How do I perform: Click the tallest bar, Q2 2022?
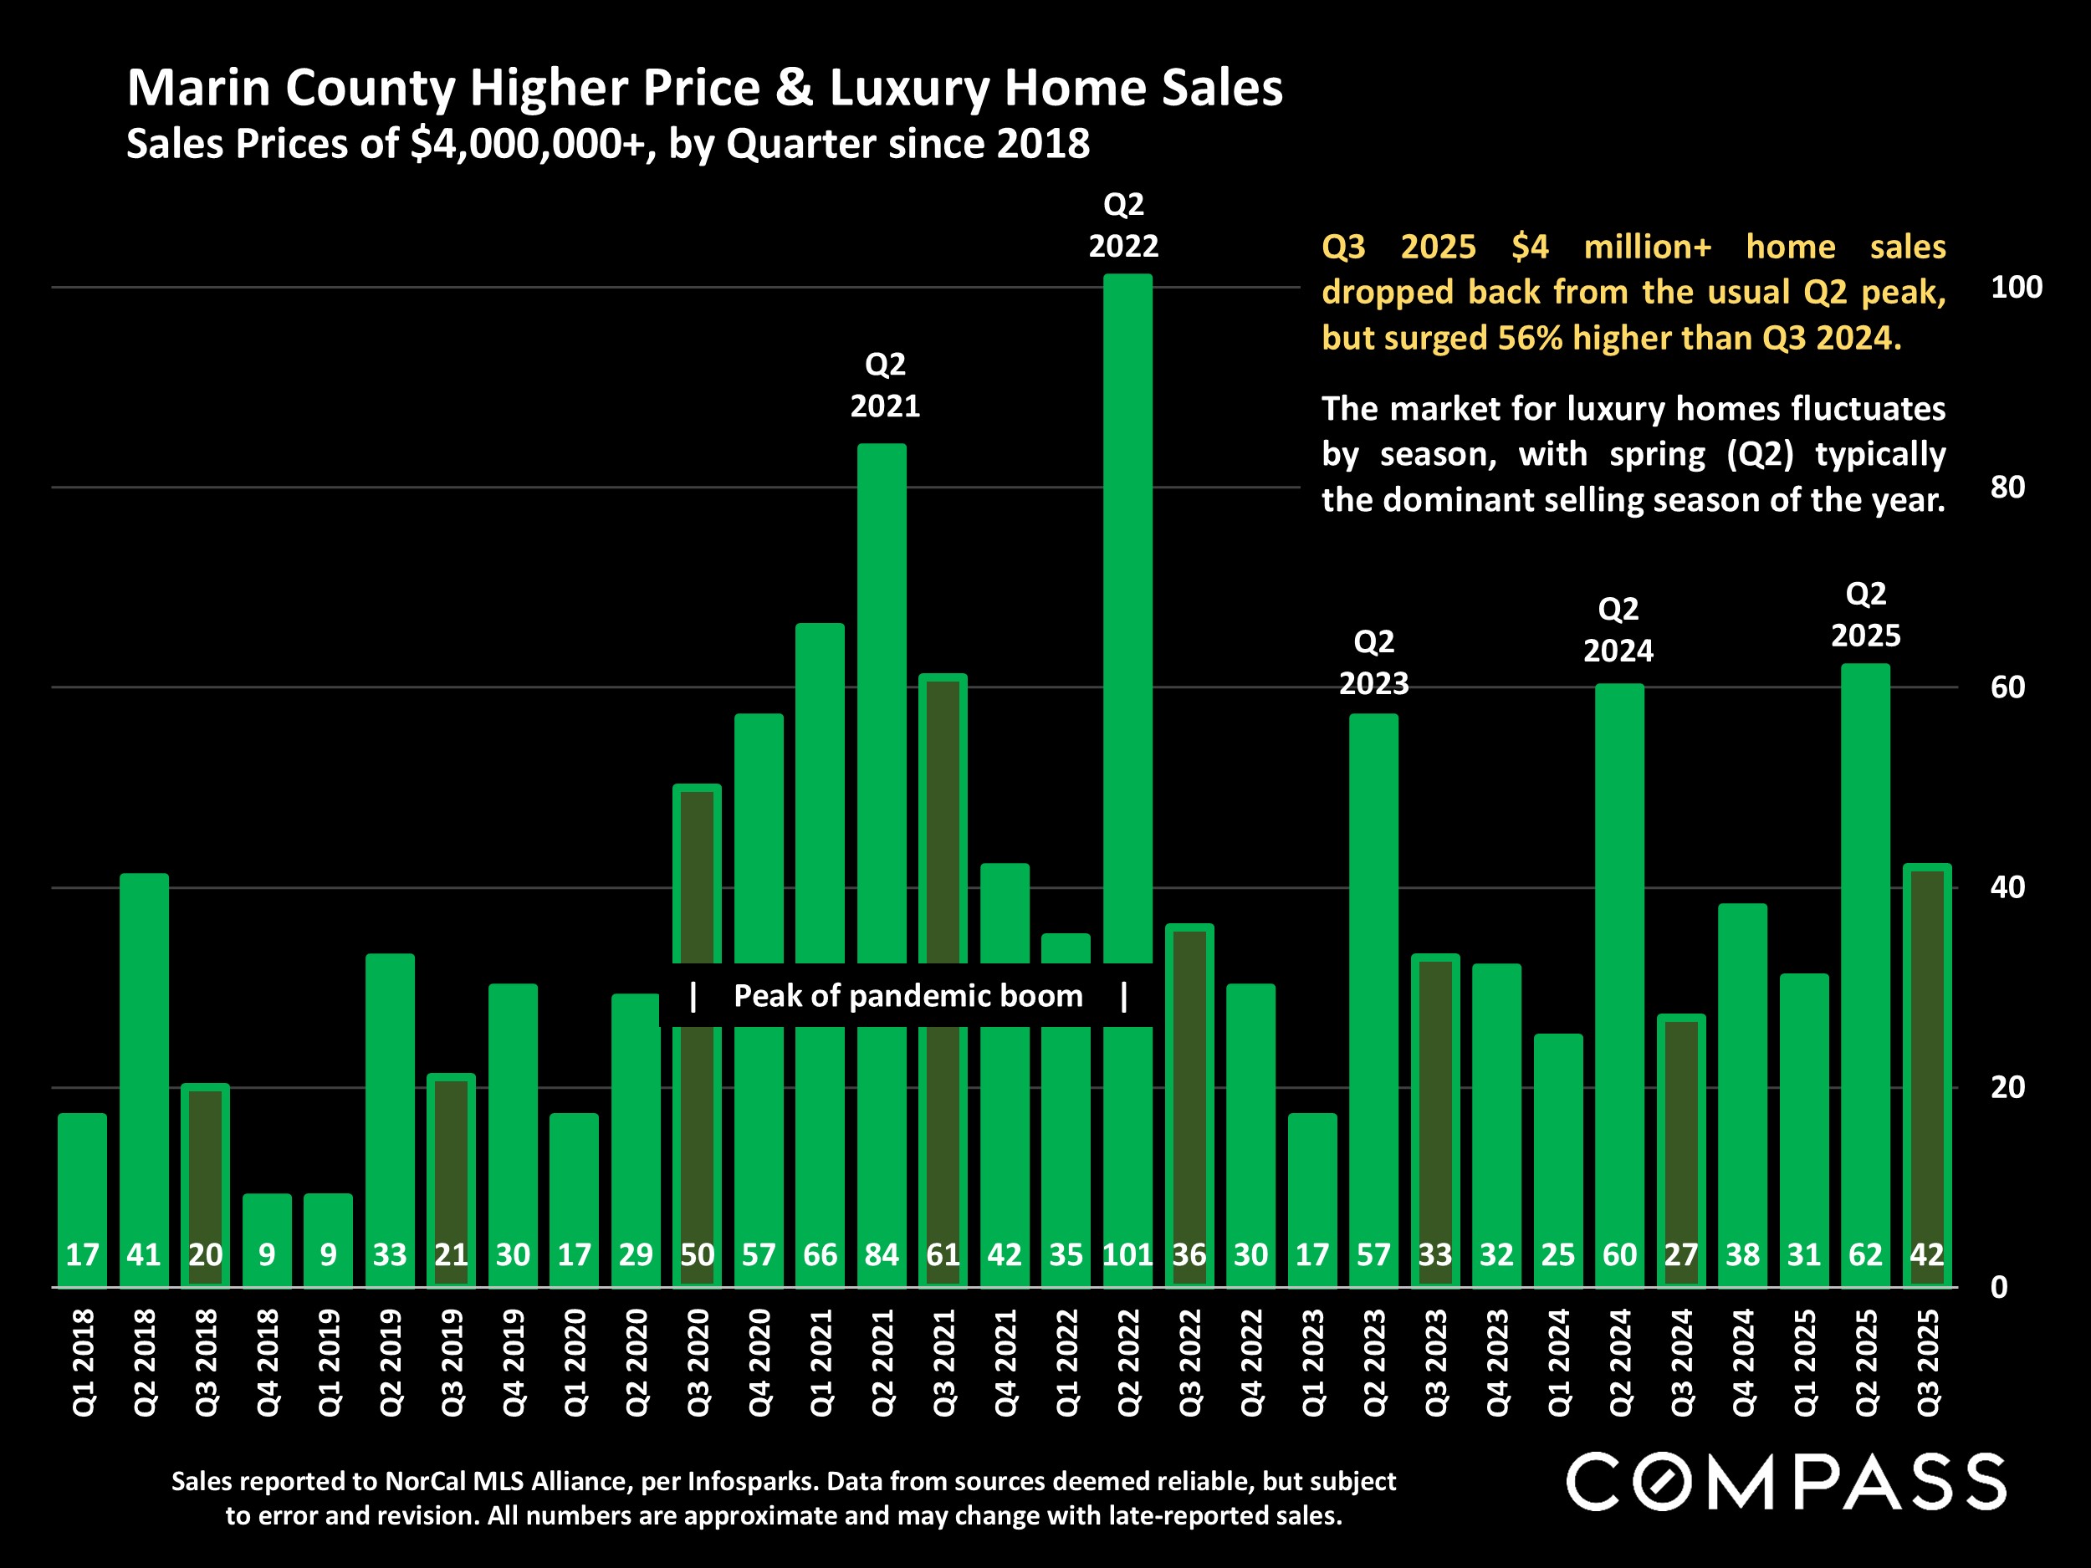(1127, 615)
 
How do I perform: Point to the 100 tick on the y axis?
(2017, 288)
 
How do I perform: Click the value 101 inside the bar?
(1127, 1255)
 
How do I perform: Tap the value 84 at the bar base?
(882, 1255)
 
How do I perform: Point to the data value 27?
(1680, 1255)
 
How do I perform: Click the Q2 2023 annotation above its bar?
(1373, 662)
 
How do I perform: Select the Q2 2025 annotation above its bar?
(1865, 615)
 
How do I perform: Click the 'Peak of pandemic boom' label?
(907, 996)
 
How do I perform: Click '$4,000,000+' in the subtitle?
(532, 145)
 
